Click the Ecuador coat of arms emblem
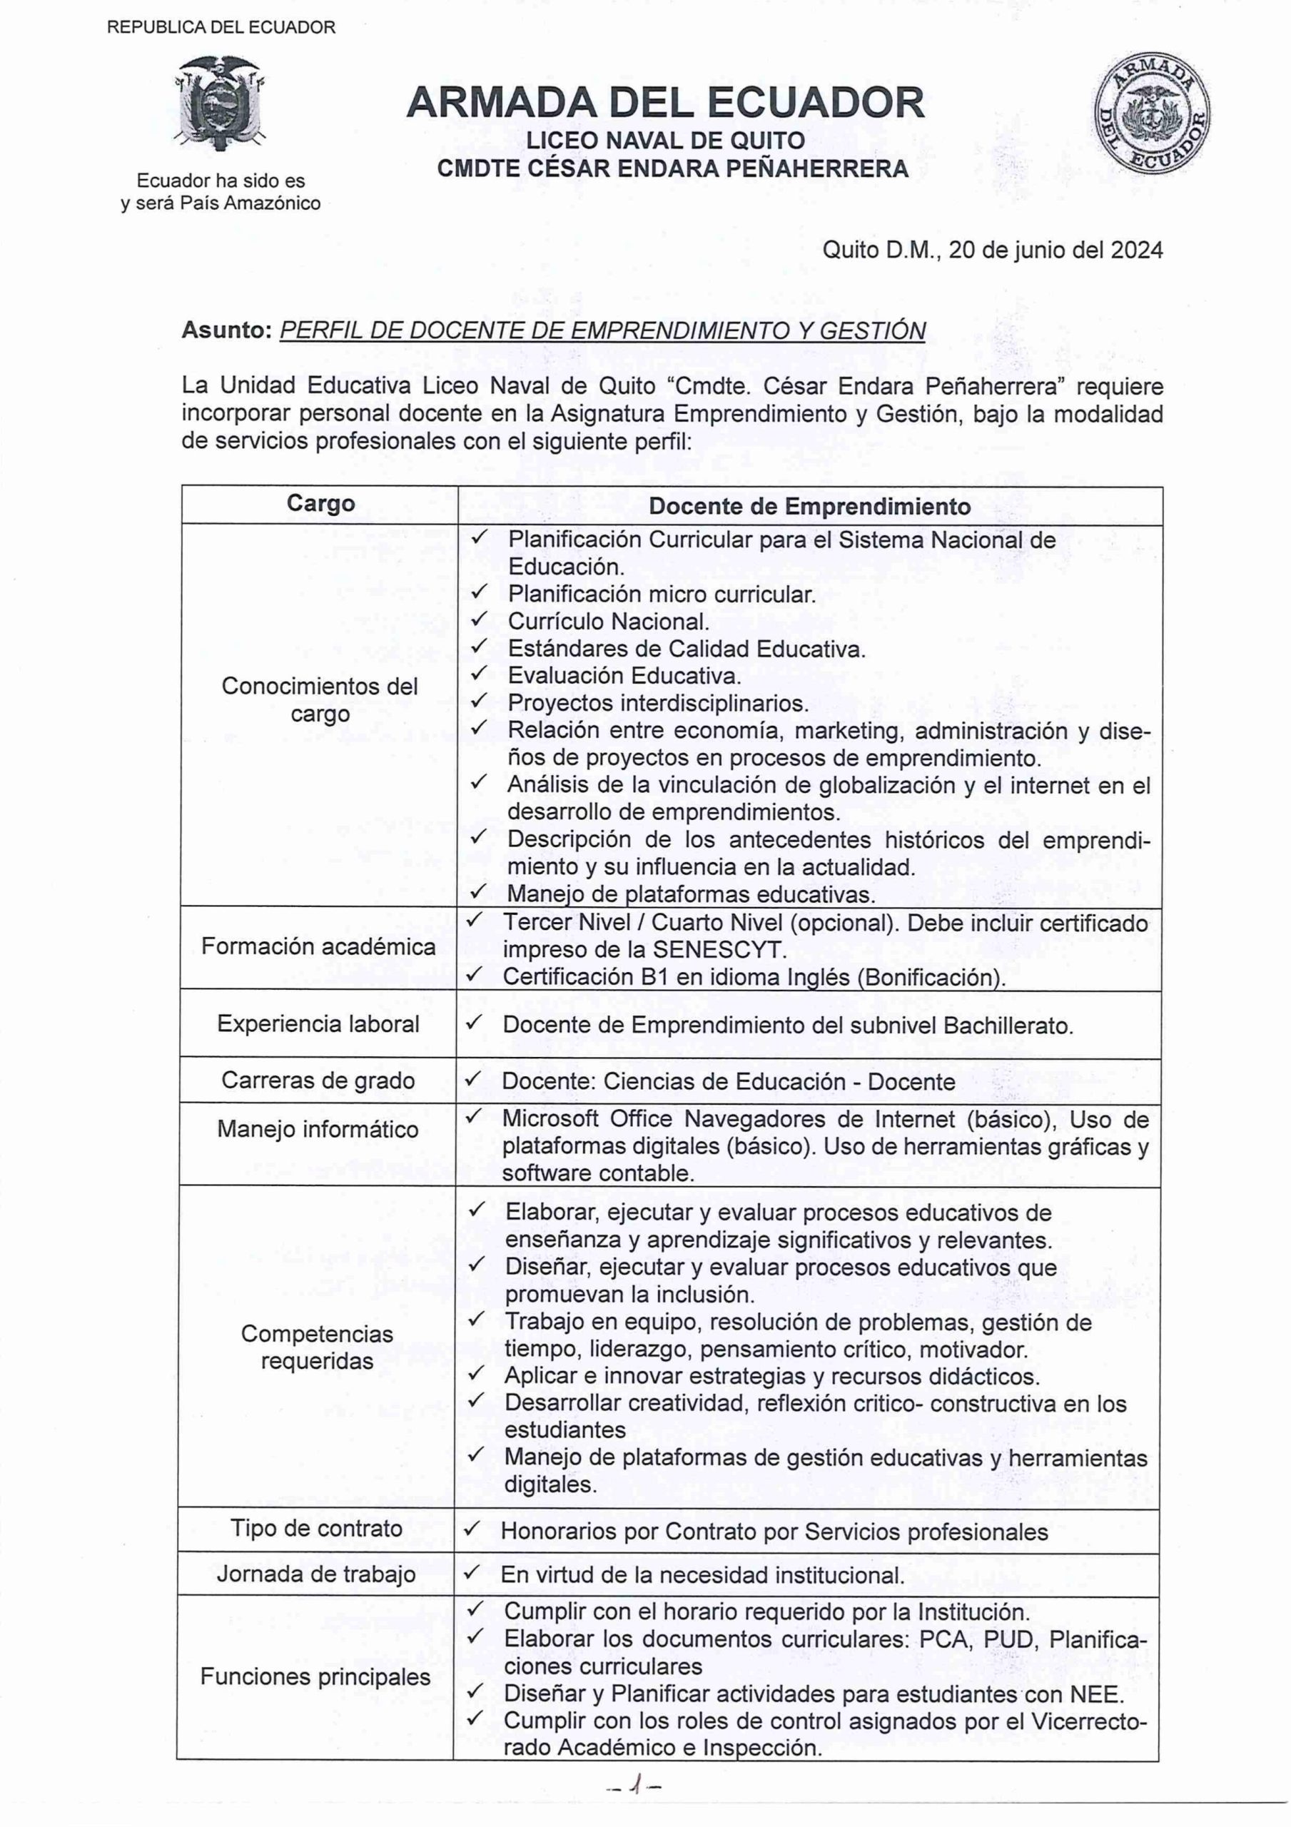[220, 104]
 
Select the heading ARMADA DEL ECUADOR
[665, 103]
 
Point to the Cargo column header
[320, 504]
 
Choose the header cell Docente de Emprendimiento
[809, 506]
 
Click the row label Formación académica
[318, 946]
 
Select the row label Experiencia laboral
[318, 1023]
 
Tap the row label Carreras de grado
[318, 1080]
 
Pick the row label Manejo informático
[318, 1129]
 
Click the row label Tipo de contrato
[317, 1528]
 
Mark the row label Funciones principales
[315, 1676]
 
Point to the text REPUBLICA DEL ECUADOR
[221, 28]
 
